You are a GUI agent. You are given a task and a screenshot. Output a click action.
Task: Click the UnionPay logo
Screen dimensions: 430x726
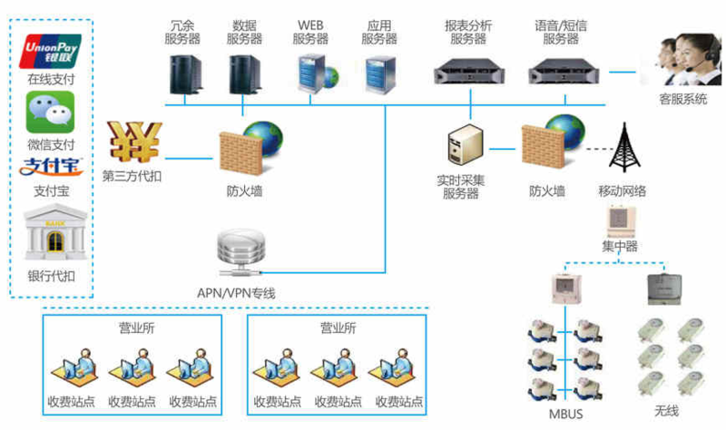(x=51, y=52)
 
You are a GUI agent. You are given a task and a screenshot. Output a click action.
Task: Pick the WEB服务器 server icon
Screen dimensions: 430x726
(x=310, y=70)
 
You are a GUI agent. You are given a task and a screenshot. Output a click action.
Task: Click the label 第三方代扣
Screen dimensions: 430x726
(x=132, y=177)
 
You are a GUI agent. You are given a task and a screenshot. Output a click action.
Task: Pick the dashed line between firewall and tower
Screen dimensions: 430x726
(x=591, y=148)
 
